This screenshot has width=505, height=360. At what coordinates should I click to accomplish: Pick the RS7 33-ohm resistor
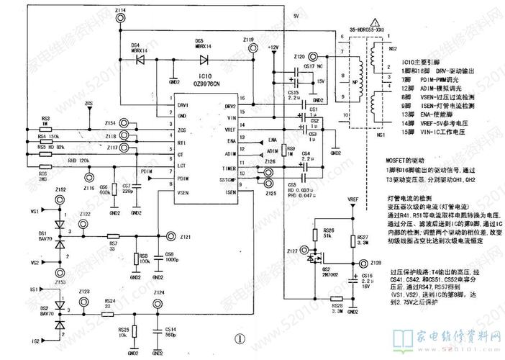point(113,236)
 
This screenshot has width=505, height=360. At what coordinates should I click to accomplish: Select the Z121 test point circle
point(170,236)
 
